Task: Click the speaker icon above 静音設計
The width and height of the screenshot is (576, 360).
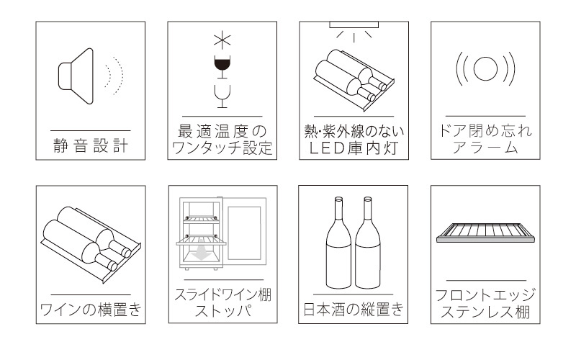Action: (x=76, y=76)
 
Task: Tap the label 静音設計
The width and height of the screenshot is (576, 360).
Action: (x=91, y=145)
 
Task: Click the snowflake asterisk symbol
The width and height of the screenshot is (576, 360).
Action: (x=222, y=40)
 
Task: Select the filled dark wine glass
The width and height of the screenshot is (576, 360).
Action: (x=222, y=67)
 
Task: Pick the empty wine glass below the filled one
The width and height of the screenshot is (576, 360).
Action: (x=222, y=96)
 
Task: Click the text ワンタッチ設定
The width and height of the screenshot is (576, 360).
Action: (x=222, y=148)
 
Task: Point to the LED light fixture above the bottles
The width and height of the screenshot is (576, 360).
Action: (x=354, y=24)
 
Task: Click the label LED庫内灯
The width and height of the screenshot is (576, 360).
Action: (x=354, y=148)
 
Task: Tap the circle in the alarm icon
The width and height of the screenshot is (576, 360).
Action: (x=485, y=68)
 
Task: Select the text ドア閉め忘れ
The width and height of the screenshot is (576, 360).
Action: (x=485, y=131)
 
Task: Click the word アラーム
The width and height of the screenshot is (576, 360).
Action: (x=485, y=148)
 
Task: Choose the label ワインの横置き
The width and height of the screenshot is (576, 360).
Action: (x=91, y=310)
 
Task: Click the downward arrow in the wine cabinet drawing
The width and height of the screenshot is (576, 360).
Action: (x=201, y=253)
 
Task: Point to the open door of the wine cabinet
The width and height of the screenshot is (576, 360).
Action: (x=244, y=230)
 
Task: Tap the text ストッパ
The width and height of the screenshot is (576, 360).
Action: (x=223, y=312)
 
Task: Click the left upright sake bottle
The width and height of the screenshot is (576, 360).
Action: (x=338, y=243)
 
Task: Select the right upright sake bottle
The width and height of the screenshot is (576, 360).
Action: (x=368, y=243)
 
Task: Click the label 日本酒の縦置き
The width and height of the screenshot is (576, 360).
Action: (x=354, y=310)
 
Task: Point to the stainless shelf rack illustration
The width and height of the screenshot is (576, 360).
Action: (x=485, y=233)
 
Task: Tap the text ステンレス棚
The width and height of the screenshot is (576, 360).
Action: (x=485, y=312)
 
